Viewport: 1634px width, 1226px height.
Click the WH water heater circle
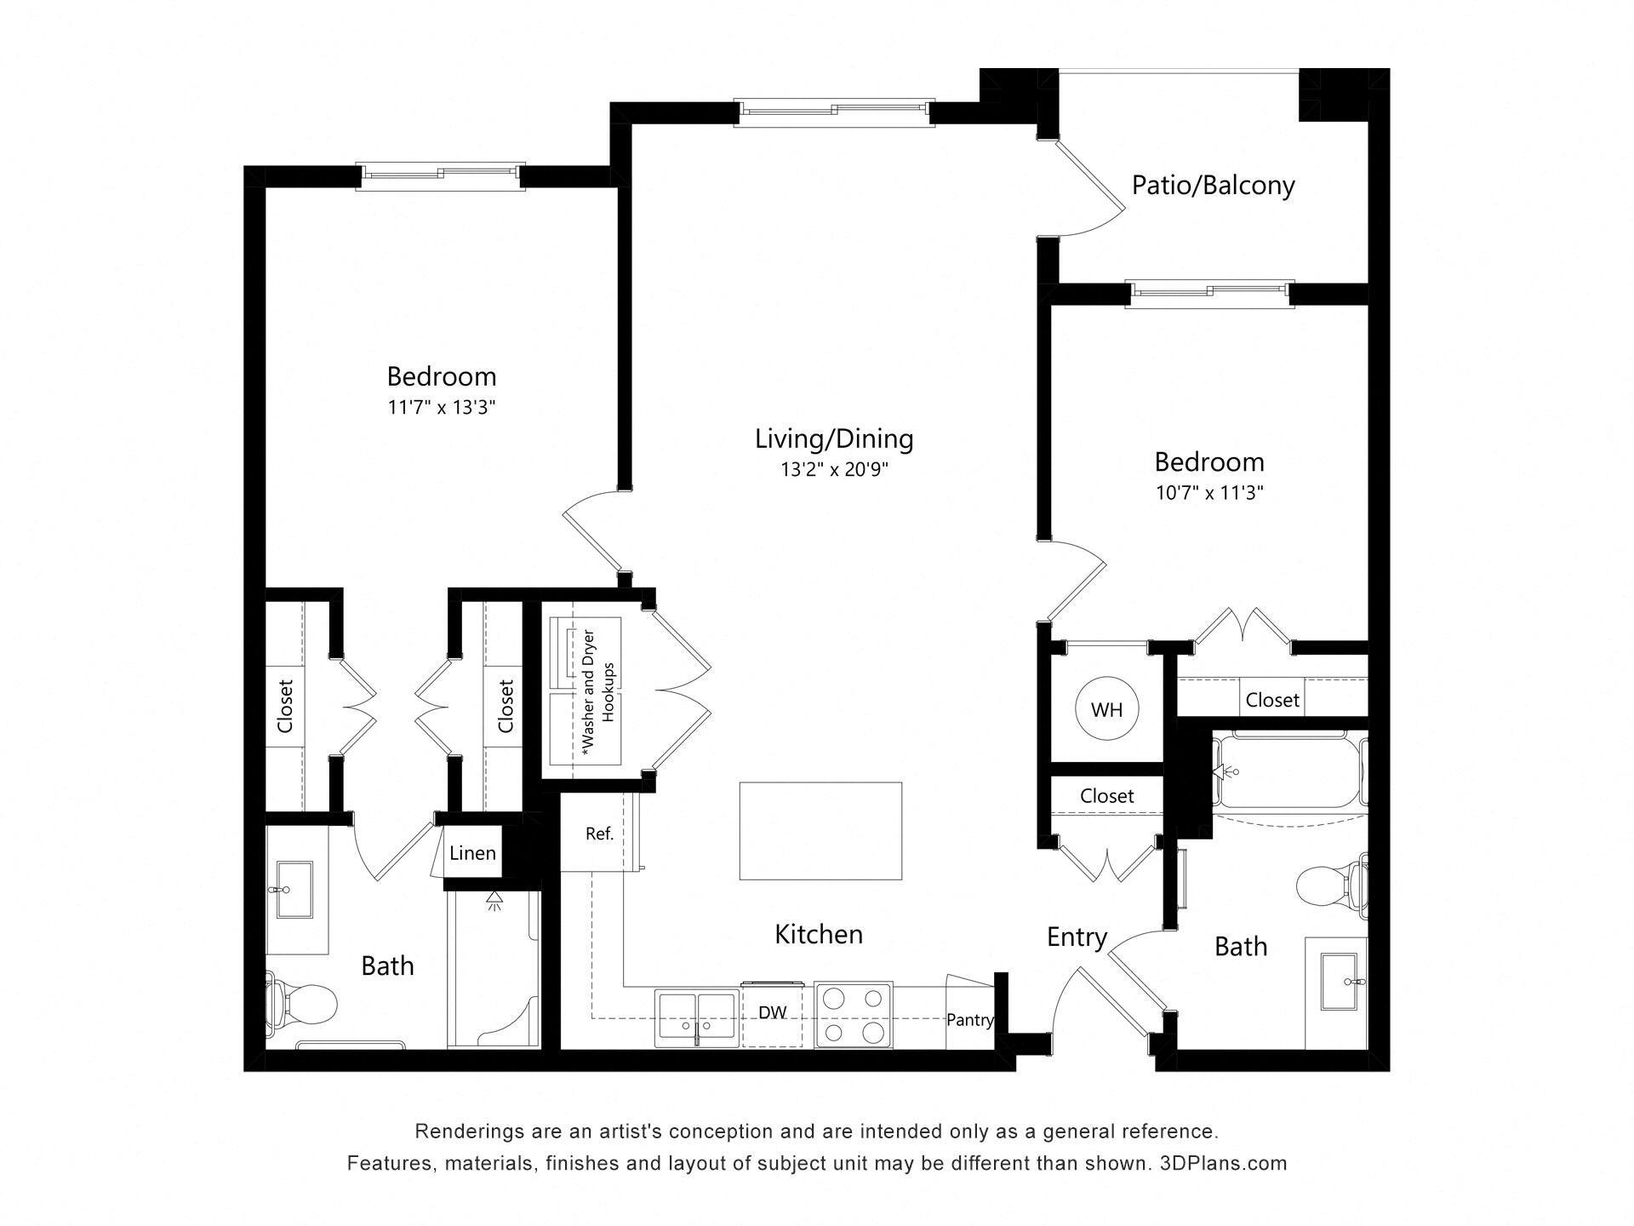pyautogui.click(x=1106, y=709)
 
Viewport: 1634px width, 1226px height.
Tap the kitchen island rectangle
pyautogui.click(x=820, y=830)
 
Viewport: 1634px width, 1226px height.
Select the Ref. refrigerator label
pyautogui.click(x=599, y=834)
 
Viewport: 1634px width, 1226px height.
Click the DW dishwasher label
pyautogui.click(x=772, y=1012)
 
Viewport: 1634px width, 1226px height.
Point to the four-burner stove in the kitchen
pyautogui.click(x=853, y=1015)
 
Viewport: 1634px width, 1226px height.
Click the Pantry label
pyautogui.click(x=969, y=1019)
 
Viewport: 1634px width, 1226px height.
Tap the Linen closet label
pyautogui.click(x=472, y=853)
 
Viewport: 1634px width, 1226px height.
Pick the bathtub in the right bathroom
pyautogui.click(x=1289, y=771)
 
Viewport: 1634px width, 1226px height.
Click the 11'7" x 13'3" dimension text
pyautogui.click(x=442, y=408)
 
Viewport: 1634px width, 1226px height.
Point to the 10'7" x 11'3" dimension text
pyautogui.click(x=1208, y=493)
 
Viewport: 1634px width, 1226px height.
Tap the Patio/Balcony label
pyautogui.click(x=1213, y=185)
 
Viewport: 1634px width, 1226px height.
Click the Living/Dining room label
pyautogui.click(x=834, y=438)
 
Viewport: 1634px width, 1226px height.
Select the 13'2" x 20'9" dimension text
pyautogui.click(x=834, y=470)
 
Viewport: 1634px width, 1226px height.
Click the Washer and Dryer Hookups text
pyautogui.click(x=597, y=691)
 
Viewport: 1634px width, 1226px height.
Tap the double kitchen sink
pyautogui.click(x=696, y=1017)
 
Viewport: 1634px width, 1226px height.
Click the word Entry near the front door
pyautogui.click(x=1077, y=937)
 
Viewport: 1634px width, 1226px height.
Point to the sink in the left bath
pyautogui.click(x=294, y=890)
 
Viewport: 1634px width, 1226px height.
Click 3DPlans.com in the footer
pyautogui.click(x=1223, y=1163)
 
